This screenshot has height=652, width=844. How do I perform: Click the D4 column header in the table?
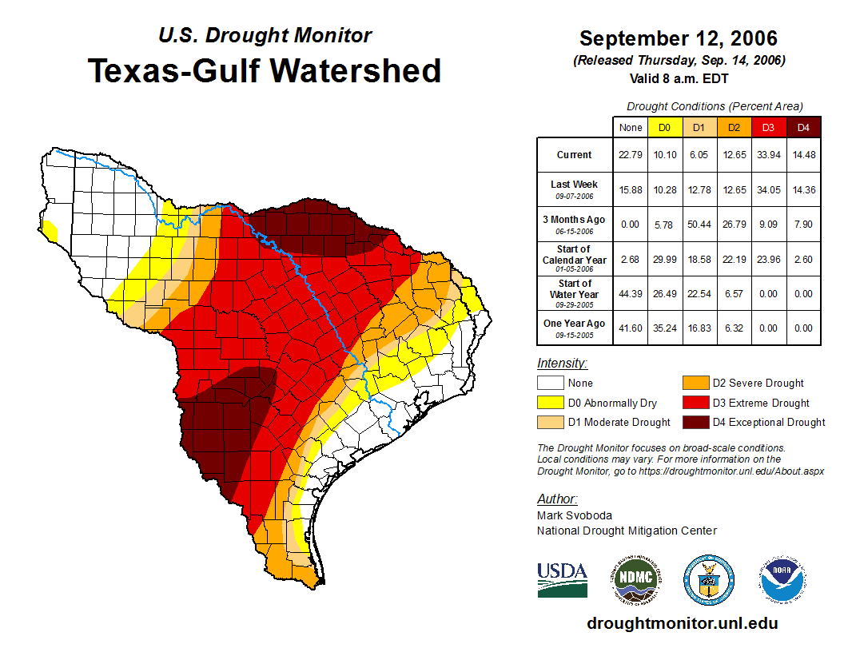point(802,128)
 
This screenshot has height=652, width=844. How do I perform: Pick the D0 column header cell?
point(664,128)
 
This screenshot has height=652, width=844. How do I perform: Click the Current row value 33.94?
point(768,155)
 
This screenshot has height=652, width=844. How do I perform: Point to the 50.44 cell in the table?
point(699,225)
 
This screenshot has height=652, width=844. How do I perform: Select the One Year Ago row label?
point(575,324)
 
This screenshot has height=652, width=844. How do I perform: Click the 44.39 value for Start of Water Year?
point(630,294)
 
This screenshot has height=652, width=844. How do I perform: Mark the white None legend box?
point(551,384)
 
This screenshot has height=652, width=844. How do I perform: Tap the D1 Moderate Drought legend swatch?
point(551,422)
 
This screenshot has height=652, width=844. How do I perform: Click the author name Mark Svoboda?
point(574,515)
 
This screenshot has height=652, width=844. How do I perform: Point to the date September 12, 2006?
point(678,38)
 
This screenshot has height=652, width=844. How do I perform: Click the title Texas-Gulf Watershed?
point(265,70)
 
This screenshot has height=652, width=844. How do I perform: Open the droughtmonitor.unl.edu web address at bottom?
point(682,623)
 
